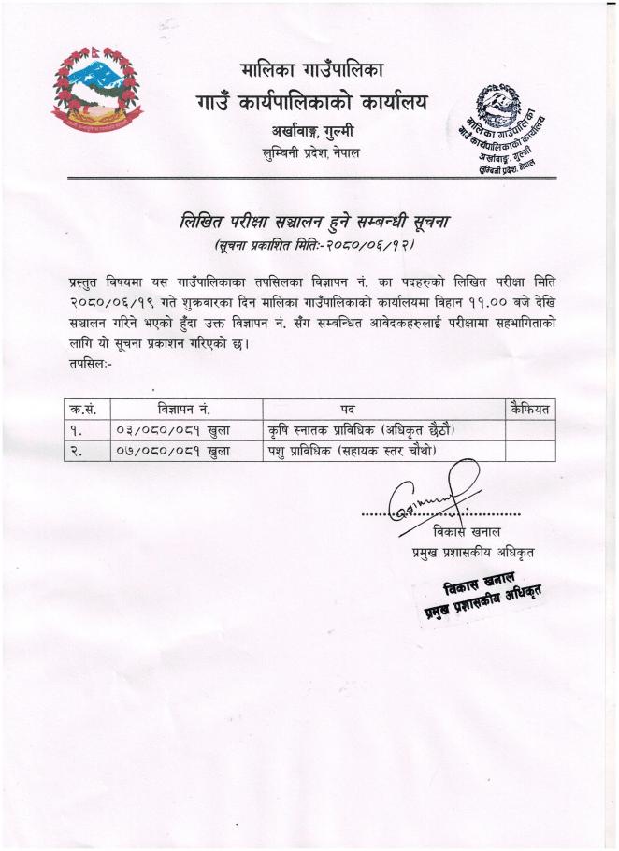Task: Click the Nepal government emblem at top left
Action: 97,91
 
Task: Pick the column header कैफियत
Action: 529,409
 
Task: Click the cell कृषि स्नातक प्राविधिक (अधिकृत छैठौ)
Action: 368,430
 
